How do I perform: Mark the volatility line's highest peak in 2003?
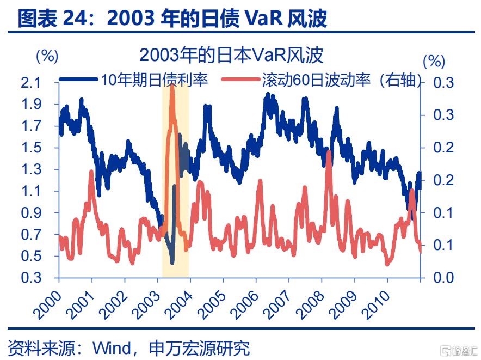pyautogui.click(x=172, y=87)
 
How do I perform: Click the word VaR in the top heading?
pyautogui.click(x=268, y=19)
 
